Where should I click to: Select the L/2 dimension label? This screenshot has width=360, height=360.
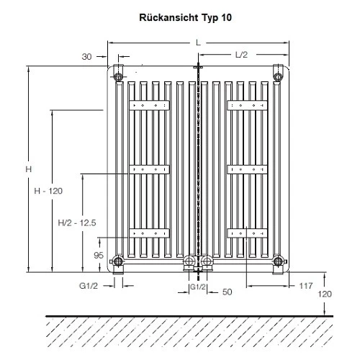pyautogui.click(x=243, y=55)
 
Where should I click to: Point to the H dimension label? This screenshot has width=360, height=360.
pyautogui.click(x=27, y=170)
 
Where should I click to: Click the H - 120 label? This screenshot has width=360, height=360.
pyautogui.click(x=49, y=191)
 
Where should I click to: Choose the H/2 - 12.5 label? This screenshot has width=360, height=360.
pyautogui.click(x=77, y=224)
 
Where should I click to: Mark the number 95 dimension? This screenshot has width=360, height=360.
pyautogui.click(x=99, y=254)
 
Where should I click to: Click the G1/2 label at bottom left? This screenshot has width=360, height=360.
pyautogui.click(x=89, y=286)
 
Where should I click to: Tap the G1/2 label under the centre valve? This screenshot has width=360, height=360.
pyautogui.click(x=198, y=287)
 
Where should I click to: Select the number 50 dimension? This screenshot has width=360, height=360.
pyautogui.click(x=227, y=293)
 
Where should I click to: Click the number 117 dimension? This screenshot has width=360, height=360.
pyautogui.click(x=305, y=286)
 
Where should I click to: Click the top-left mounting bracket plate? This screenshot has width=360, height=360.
pyautogui.click(x=149, y=106)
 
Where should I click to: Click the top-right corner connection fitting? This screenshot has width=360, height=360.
pyautogui.click(x=278, y=73)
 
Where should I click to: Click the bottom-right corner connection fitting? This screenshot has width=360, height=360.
pyautogui.click(x=278, y=262)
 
